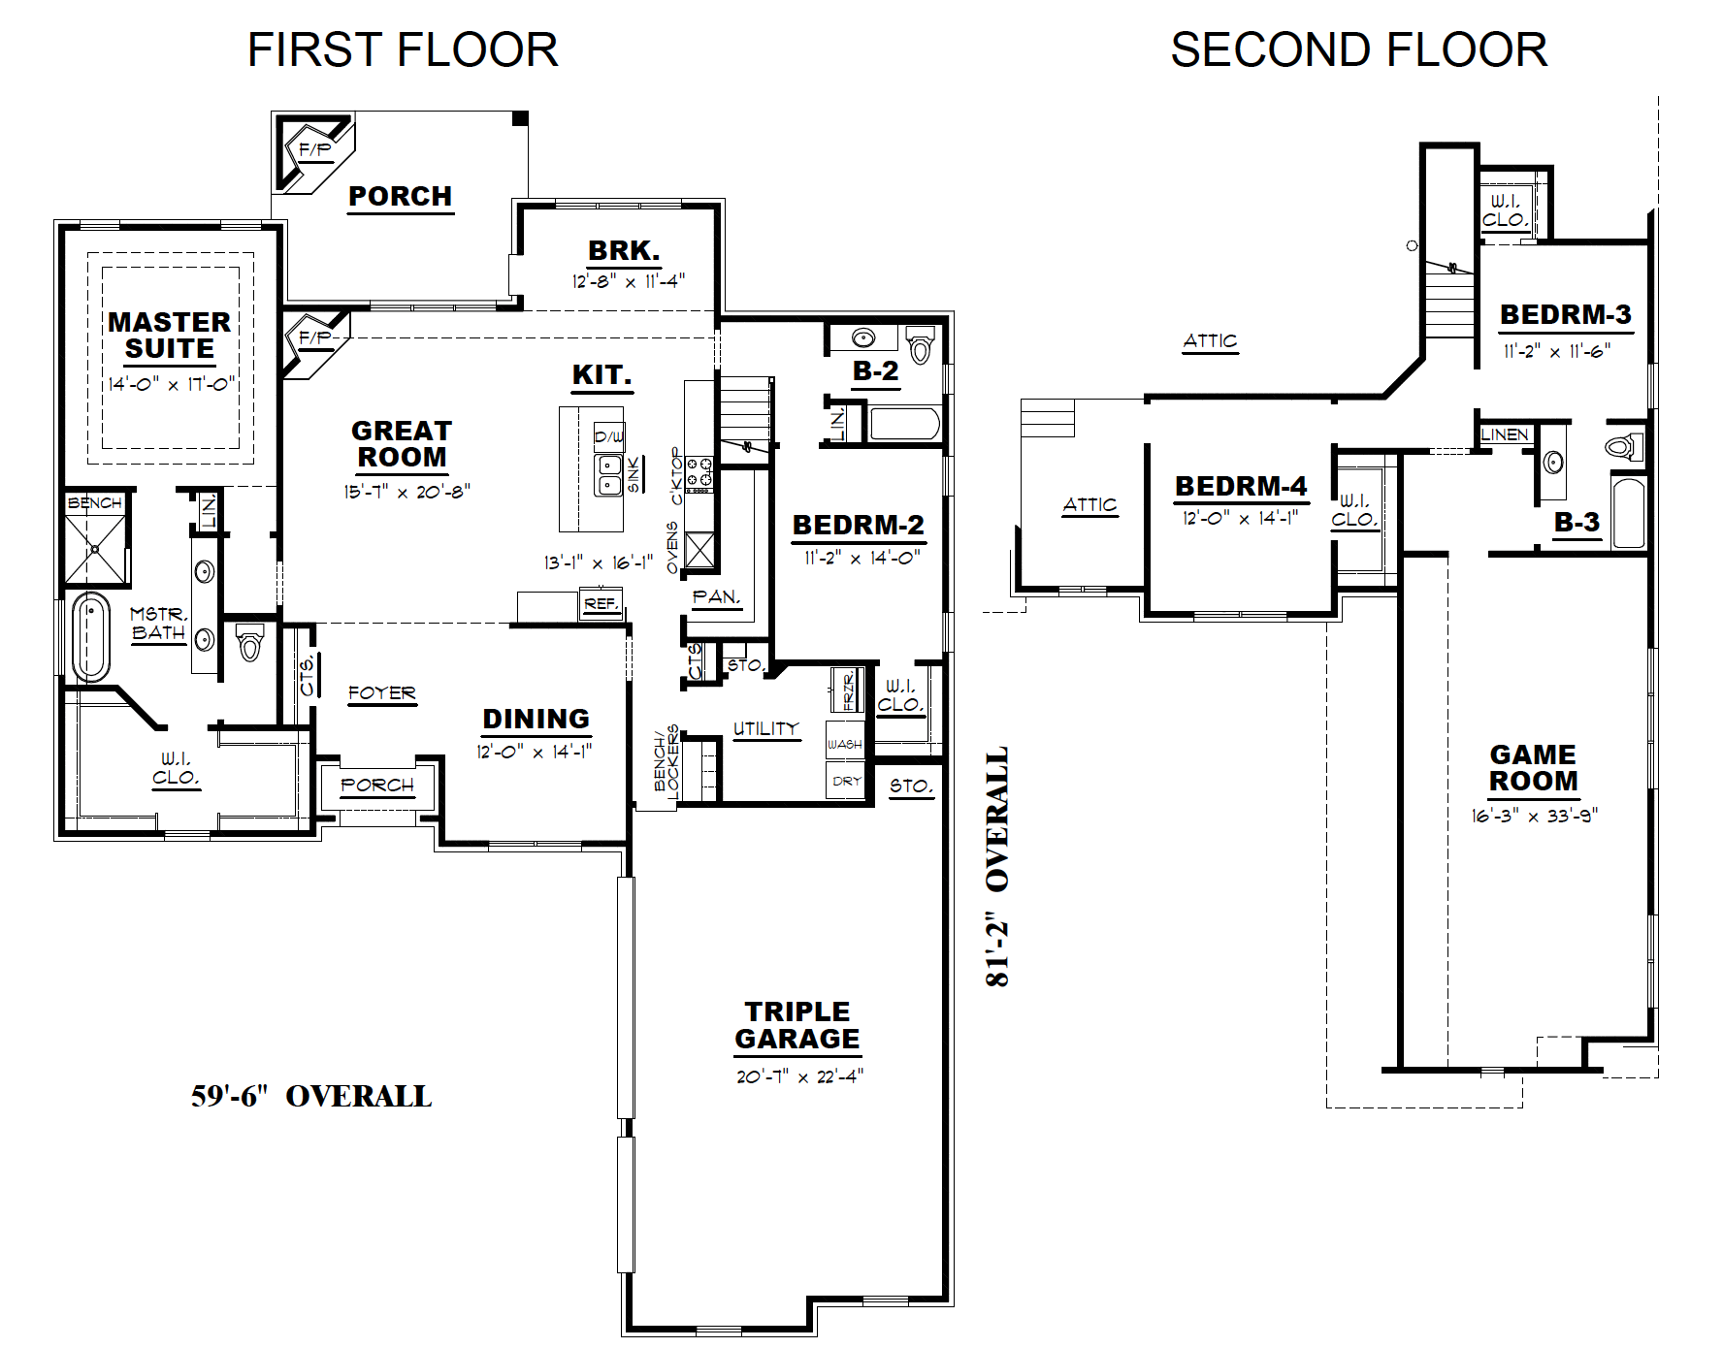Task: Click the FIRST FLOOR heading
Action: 403,50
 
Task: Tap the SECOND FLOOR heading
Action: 1358,50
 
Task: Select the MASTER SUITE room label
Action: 170,335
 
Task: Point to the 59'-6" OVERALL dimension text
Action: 311,1096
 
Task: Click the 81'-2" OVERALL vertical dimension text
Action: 997,866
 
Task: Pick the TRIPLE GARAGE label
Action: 797,1025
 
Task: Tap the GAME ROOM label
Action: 1534,767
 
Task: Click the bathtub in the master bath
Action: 90,638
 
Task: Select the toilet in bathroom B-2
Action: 921,344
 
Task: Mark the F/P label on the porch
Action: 315,150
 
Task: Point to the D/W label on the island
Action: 609,436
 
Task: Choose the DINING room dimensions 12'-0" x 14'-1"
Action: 535,752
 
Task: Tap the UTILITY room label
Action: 766,728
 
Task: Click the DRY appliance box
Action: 846,781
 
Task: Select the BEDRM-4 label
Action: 1241,486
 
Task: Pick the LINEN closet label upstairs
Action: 1505,434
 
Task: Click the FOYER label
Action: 382,692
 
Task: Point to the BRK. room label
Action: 624,250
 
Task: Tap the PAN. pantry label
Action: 716,596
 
